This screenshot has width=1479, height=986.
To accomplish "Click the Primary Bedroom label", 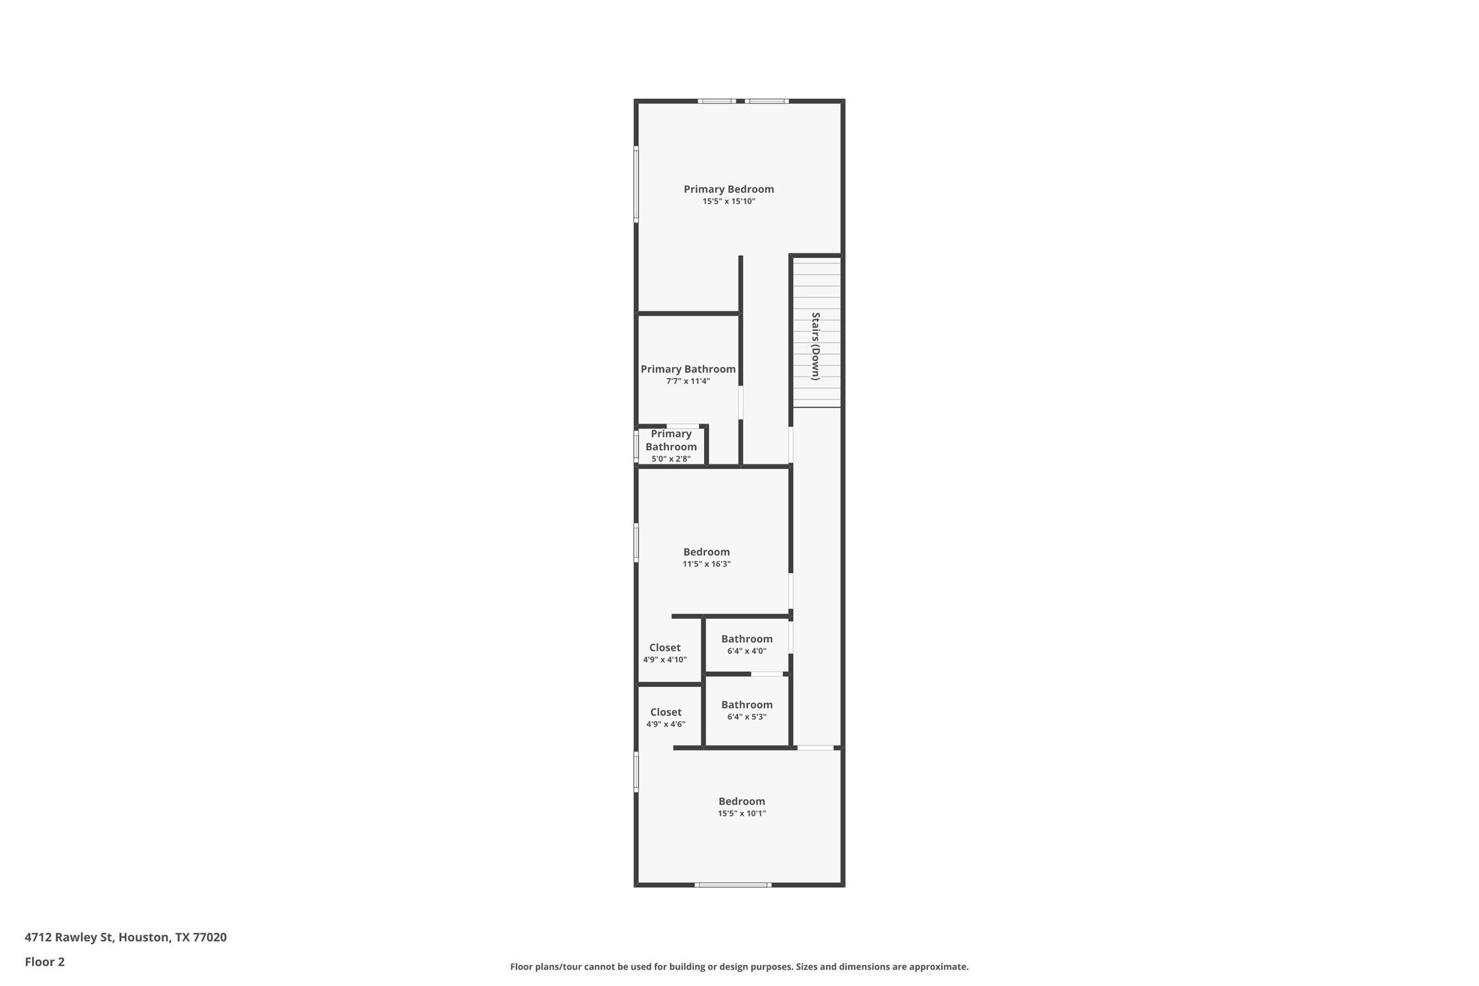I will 729,189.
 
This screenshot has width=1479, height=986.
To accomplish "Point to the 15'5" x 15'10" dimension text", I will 729,202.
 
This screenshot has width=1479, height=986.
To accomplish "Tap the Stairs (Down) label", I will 816,346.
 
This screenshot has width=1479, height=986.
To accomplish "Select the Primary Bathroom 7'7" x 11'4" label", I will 688,369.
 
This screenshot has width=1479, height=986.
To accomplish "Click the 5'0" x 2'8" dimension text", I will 671,459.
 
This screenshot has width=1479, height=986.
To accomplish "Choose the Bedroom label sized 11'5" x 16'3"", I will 706,552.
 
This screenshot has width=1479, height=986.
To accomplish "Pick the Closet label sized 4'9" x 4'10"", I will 665,648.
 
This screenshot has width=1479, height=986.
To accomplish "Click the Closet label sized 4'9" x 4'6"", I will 665,712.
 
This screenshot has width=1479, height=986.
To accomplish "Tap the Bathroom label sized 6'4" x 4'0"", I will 747,639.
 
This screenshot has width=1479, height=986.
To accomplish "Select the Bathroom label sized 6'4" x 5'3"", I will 747,705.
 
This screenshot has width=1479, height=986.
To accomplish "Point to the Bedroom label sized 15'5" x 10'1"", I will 742,801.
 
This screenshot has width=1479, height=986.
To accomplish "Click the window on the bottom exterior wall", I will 733,885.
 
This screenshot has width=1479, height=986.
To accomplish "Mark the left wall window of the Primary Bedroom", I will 636,184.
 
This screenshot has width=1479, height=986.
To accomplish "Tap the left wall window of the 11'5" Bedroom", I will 636,543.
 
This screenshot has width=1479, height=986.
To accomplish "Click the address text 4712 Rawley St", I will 125,937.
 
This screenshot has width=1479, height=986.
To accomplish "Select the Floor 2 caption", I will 45,962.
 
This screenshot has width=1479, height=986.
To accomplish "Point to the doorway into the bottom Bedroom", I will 816,748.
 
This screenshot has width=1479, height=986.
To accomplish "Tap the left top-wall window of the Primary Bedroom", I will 716,101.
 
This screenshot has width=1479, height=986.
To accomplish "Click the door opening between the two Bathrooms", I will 767,674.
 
